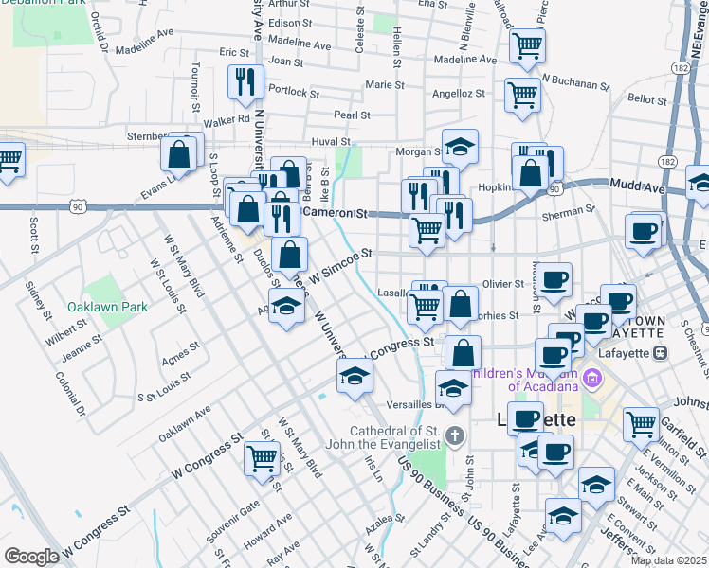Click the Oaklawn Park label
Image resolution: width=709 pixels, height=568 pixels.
pos(108,307)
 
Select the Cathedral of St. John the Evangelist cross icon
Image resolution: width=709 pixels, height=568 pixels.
pos(456,436)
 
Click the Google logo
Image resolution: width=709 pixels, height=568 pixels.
pos(31,557)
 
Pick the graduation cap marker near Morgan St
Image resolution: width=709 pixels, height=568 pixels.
pos(460,146)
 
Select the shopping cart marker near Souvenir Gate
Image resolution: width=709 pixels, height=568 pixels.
pos(262,458)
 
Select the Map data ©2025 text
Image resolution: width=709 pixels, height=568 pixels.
pos(669,560)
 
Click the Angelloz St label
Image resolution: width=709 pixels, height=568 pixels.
pos(459,94)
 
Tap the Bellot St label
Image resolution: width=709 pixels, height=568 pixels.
pos(647,98)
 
